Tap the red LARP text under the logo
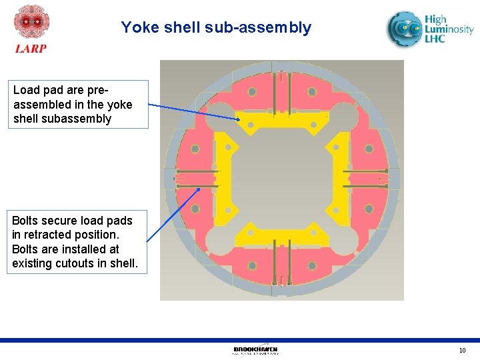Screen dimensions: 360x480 pyautogui.click(x=31, y=49)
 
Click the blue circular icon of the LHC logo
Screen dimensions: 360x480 pyautogui.click(x=405, y=29)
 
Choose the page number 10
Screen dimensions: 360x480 pyautogui.click(x=462, y=351)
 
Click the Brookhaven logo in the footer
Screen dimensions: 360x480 pyautogui.click(x=255, y=350)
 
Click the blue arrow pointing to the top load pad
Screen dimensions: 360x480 pyautogui.click(x=193, y=111)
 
